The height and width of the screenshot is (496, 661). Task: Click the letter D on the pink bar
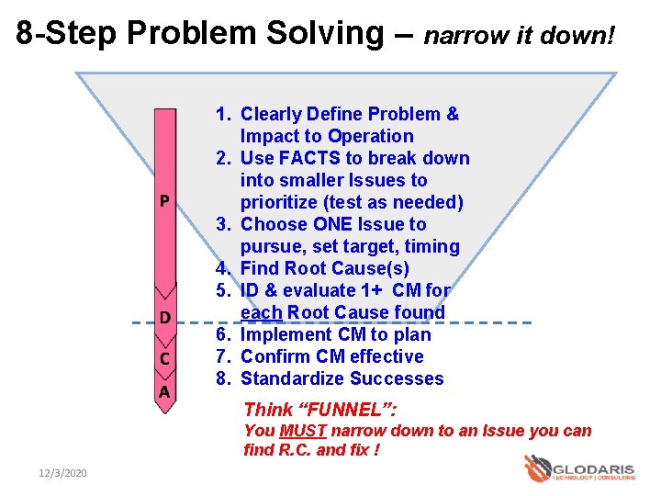(164, 319)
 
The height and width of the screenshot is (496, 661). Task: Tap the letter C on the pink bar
(164, 358)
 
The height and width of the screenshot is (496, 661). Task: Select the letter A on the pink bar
(164, 392)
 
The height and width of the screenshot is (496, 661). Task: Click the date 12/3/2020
(62, 472)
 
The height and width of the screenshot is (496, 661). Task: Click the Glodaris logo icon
(537, 468)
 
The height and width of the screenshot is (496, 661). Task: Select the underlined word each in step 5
(261, 312)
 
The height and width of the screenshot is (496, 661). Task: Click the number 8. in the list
(223, 378)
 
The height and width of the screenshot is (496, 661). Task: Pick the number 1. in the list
(223, 114)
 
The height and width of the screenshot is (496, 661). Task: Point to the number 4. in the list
(223, 268)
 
